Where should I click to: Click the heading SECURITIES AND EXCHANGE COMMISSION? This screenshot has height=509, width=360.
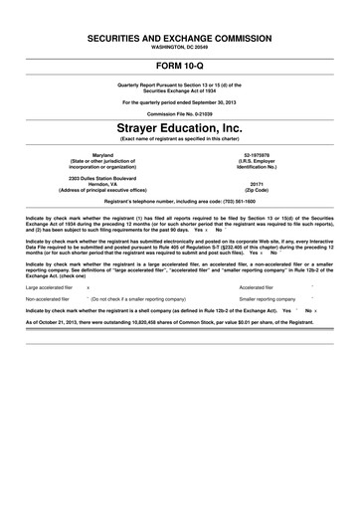pos(179,35)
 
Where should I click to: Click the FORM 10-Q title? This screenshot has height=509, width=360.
pos(179,65)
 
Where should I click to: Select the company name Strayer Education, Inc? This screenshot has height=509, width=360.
pos(179,128)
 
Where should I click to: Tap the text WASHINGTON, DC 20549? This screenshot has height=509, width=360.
pos(179,45)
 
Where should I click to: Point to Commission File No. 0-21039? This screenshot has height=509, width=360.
pos(179,111)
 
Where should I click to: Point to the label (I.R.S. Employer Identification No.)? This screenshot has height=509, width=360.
pos(257,165)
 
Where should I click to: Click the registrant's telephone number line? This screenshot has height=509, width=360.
pos(179,202)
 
